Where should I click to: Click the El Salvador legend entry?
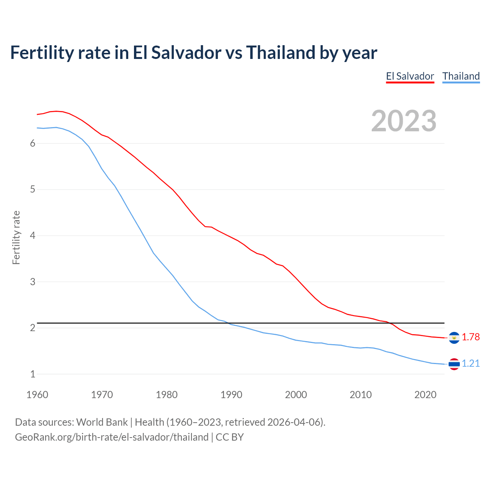point(410,76)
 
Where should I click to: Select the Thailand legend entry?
point(461,76)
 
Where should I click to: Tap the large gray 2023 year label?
point(403,121)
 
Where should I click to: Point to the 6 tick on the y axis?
point(33,143)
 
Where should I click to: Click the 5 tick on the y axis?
point(33,189)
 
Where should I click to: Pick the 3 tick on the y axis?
point(33,282)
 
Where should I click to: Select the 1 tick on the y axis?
point(33,374)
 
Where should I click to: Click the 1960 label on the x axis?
point(37,395)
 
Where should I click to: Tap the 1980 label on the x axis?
point(167,395)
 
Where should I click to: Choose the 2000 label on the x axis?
point(296,395)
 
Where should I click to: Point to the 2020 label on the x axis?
point(425,395)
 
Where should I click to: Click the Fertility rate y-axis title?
point(16,237)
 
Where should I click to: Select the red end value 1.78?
point(470,337)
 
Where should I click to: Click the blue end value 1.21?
point(470,364)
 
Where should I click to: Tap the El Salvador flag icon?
point(454,338)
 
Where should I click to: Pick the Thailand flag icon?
point(454,364)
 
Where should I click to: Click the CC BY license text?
point(230,437)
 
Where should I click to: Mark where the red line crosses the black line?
point(389,323)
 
